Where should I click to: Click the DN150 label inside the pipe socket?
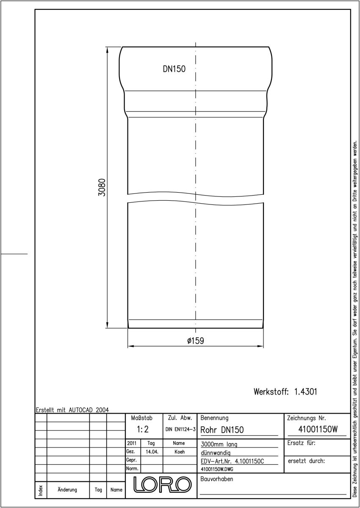click(174, 69)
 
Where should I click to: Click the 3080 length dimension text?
click(102, 187)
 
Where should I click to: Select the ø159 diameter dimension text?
click(196, 341)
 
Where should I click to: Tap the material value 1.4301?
click(305, 392)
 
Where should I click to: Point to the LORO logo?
click(162, 485)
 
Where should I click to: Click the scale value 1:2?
click(143, 429)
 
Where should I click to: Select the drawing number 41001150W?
click(318, 429)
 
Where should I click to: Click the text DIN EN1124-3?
click(180, 429)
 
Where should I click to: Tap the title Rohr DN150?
click(222, 430)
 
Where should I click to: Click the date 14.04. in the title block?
click(152, 452)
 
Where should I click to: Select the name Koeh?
click(180, 452)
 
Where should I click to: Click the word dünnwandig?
click(216, 453)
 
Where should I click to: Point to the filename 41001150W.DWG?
click(217, 469)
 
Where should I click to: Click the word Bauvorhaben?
click(216, 479)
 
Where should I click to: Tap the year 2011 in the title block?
click(132, 443)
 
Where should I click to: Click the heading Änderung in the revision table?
click(67, 490)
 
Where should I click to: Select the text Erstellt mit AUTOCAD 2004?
click(72, 410)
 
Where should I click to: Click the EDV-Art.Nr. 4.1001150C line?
click(232, 461)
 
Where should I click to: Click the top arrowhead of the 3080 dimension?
click(107, 50)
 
